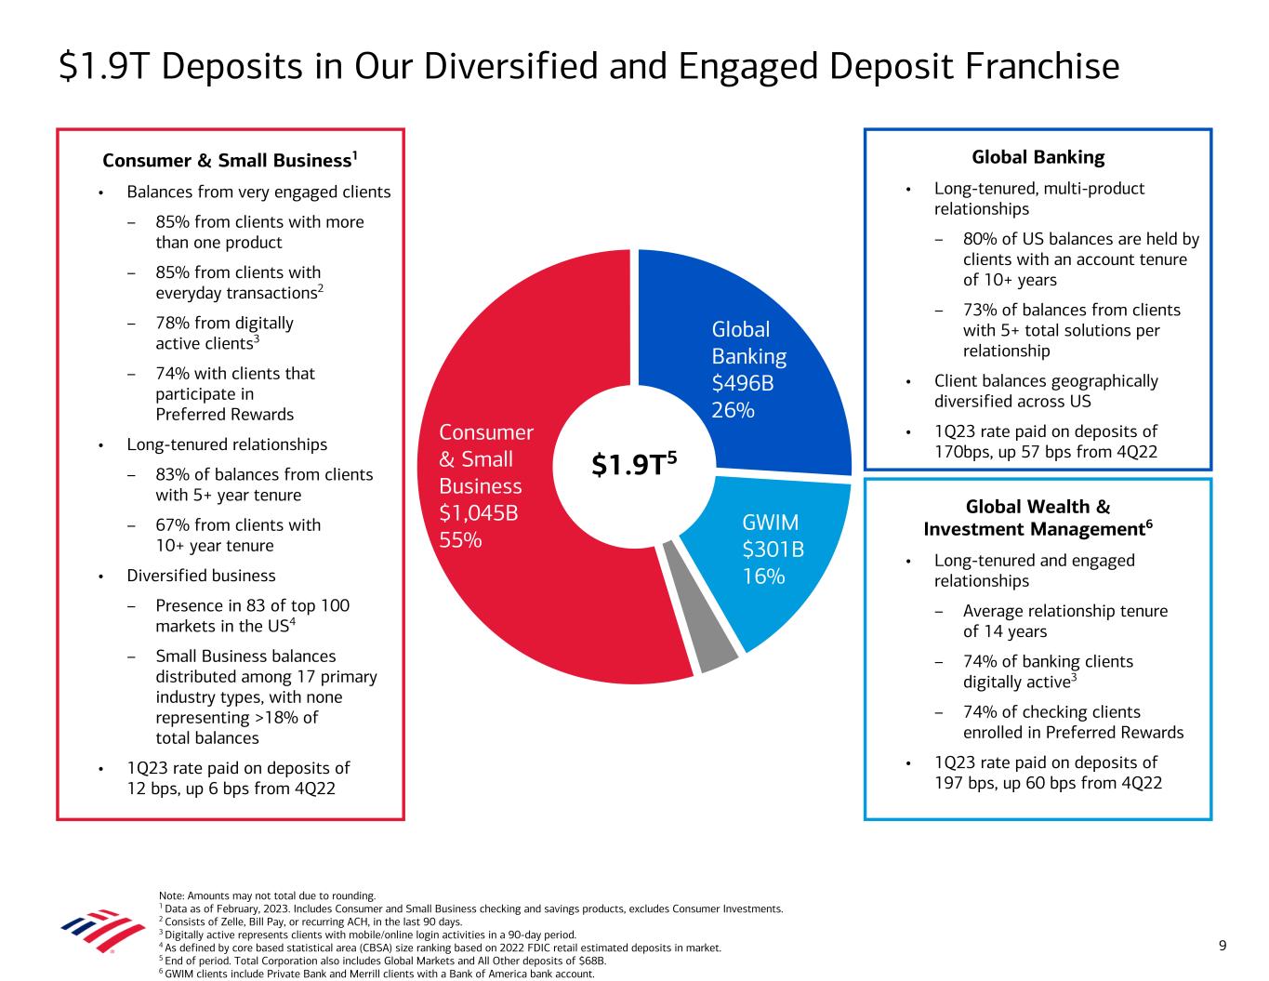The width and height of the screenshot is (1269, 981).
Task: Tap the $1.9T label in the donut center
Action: click(634, 464)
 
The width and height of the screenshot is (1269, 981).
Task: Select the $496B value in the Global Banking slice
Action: click(742, 383)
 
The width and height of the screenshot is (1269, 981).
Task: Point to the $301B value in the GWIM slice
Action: click(773, 549)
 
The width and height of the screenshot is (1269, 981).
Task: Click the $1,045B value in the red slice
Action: click(478, 513)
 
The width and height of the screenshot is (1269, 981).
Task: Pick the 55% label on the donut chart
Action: click(460, 540)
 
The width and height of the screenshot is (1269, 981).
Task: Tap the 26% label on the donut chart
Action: click(733, 410)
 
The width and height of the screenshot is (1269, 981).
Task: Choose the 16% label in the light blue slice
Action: click(763, 577)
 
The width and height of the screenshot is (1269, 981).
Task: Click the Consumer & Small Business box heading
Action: click(230, 160)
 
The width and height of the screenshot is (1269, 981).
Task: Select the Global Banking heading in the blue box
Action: click(1038, 157)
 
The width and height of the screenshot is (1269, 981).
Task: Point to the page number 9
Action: click(1223, 946)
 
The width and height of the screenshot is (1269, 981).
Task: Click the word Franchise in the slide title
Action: click(1042, 66)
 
